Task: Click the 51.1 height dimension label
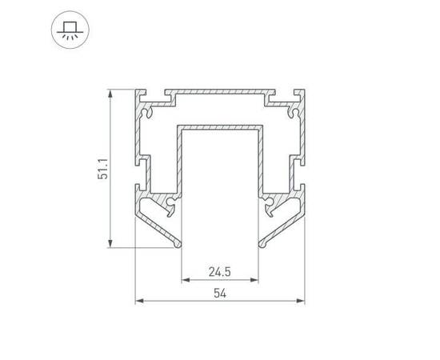click(x=102, y=169)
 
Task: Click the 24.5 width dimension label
click(x=220, y=272)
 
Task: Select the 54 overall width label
click(x=220, y=294)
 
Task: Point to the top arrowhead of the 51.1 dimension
click(x=110, y=94)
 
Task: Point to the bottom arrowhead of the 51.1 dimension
click(x=110, y=243)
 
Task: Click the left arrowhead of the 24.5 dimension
click(x=186, y=280)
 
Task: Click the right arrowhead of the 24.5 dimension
click(x=254, y=280)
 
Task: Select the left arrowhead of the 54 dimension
click(x=139, y=301)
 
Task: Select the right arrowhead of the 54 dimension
click(x=301, y=301)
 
